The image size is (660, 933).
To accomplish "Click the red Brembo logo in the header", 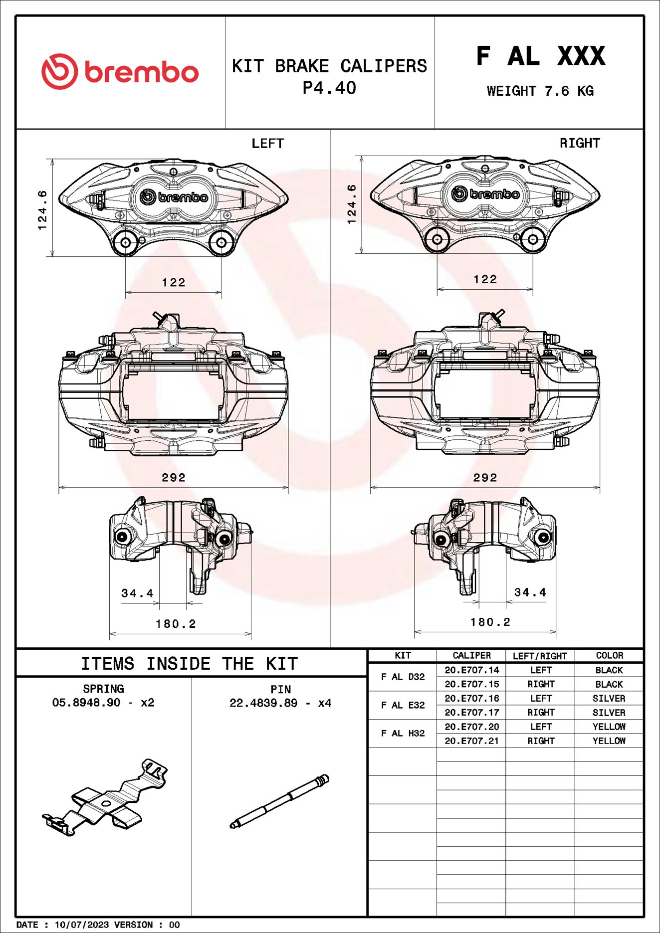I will pos(120,72).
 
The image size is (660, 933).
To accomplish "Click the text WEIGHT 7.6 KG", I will pos(540,91).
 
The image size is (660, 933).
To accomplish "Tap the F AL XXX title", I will pos(540,55).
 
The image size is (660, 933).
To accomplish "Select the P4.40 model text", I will pos(329,88).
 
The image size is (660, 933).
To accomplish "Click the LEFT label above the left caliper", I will pos(267,144).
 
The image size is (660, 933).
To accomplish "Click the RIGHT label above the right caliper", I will pos(579,144).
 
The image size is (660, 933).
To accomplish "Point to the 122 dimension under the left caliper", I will pos(174,283).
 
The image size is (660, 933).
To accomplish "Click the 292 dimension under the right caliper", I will pos(485,478).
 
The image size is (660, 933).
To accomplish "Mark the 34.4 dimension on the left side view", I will pos(137,593).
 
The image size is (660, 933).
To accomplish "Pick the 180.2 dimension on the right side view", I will pos(490,622).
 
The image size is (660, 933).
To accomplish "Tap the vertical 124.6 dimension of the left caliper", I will pos(43,209).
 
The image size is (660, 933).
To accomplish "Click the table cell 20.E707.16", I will pos(471,698).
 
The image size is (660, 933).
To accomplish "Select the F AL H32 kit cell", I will pos(403,734).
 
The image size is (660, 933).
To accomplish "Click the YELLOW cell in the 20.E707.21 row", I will pos(609,741).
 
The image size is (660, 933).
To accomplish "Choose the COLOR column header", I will pos(609,656).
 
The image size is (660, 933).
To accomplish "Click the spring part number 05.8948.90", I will pos(86,703).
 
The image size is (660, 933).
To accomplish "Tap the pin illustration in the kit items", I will pos(279,802).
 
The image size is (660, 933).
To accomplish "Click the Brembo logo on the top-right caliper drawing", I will pos(485,194).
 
